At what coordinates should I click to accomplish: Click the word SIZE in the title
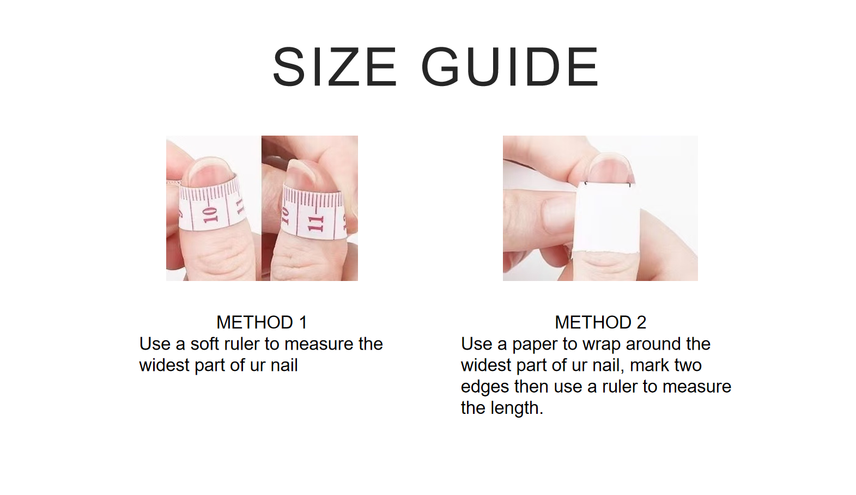coord(335,67)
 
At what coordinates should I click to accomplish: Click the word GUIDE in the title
coord(510,67)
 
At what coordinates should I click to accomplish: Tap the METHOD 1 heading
coord(262,322)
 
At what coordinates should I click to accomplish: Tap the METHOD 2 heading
coord(600,322)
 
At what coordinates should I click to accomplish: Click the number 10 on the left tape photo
coord(210,215)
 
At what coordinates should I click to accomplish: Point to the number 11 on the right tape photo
coord(315,223)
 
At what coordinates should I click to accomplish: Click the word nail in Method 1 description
coord(284,365)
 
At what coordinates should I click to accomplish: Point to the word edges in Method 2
coord(484,387)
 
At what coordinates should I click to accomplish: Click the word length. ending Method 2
coord(517,408)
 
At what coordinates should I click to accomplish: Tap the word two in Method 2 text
coord(688,366)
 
